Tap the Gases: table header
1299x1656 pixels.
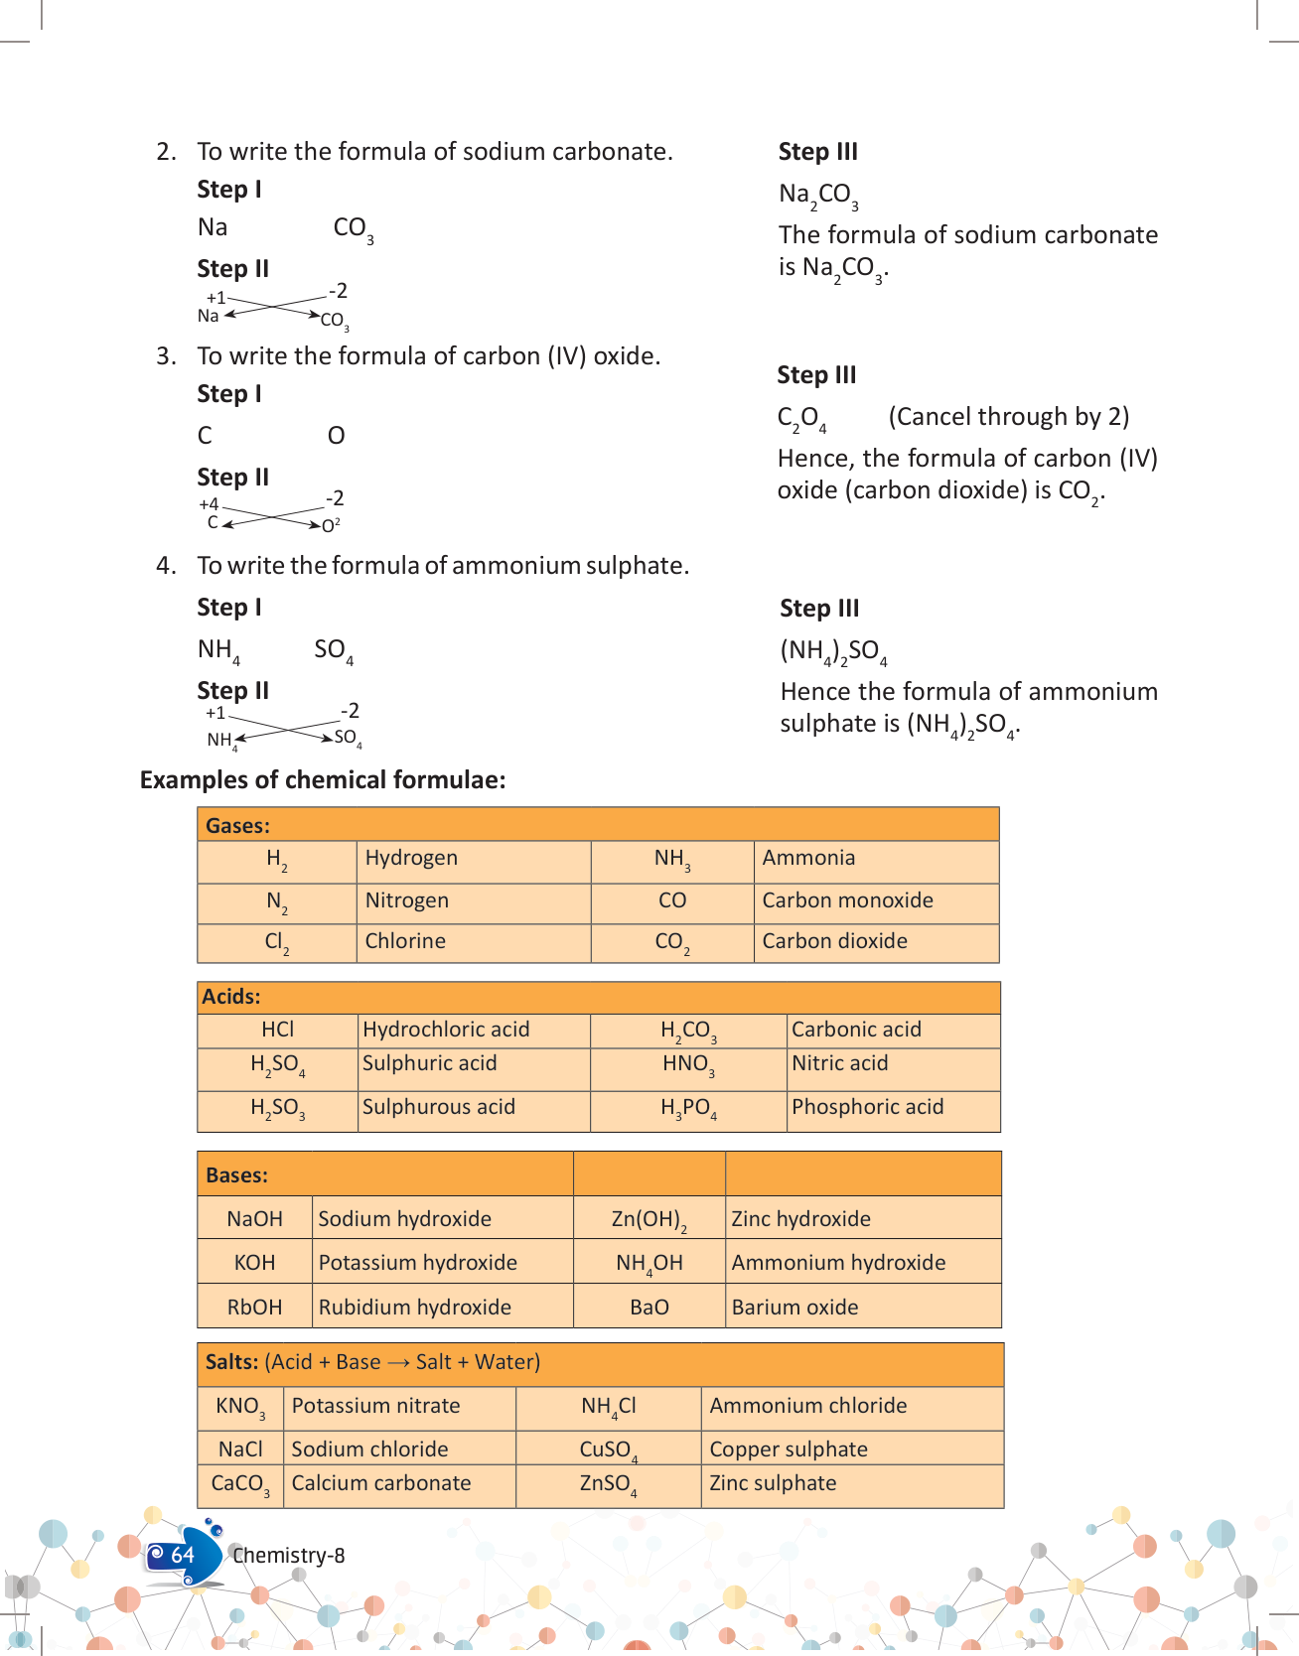pos(237,826)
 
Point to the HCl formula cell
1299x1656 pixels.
pos(277,1030)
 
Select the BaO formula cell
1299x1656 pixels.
pos(649,1308)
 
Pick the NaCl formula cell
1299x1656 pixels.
pos(240,1449)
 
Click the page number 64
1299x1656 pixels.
pos(183,1555)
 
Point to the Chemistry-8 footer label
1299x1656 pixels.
pos(288,1556)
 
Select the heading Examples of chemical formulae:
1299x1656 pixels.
pos(323,780)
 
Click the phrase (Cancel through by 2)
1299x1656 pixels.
pos(1008,417)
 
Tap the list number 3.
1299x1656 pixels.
pos(166,356)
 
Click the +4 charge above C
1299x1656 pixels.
pos(209,504)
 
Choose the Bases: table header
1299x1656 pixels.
pos(236,1175)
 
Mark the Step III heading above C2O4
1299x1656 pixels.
pos(816,375)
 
